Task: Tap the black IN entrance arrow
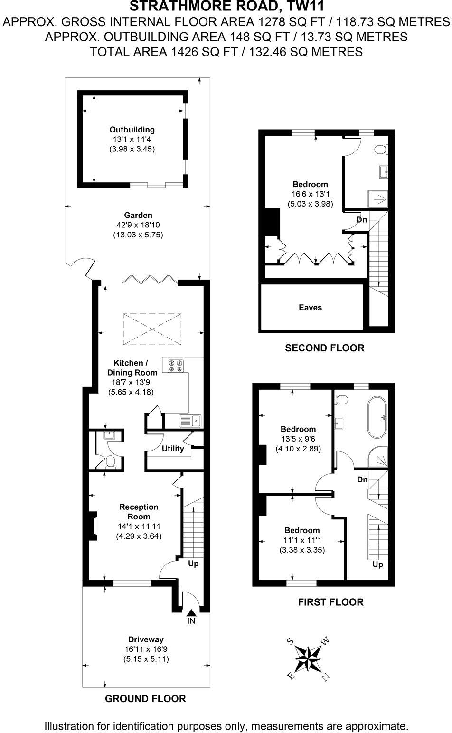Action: (191, 613)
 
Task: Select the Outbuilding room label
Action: (132, 130)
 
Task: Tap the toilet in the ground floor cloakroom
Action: (110, 461)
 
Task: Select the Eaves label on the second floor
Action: (310, 308)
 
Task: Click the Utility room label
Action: (173, 449)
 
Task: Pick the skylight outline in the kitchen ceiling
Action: (152, 329)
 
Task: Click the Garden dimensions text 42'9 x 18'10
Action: (138, 225)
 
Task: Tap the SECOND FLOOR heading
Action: (324, 348)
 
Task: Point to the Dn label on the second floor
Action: (362, 220)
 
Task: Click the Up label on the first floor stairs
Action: (377, 564)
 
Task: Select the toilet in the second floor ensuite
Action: (381, 150)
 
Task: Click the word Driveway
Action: (146, 639)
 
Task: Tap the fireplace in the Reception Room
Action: (91, 526)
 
